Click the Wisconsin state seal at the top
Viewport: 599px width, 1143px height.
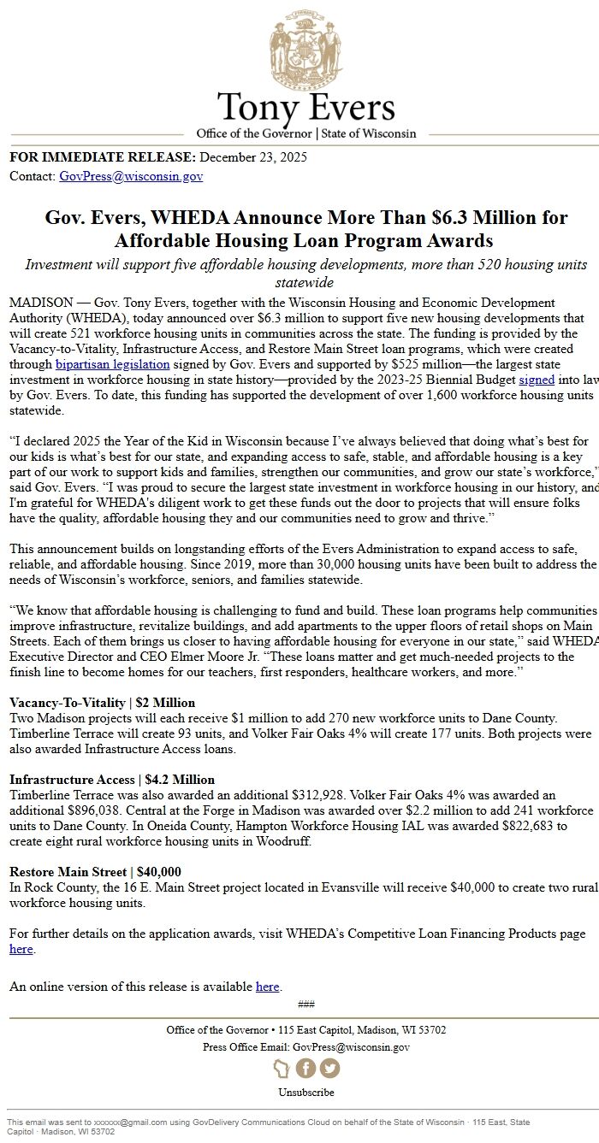coord(305,47)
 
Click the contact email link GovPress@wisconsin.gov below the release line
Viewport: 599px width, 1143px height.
coord(131,176)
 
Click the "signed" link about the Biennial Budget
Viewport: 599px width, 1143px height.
coord(537,380)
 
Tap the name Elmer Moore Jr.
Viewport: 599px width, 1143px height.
coord(222,657)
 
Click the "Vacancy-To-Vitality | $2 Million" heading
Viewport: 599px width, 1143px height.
coord(102,703)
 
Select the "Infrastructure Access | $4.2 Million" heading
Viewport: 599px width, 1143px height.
coord(112,780)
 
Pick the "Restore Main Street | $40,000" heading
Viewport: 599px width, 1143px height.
coord(95,872)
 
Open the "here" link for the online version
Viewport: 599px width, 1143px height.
coord(267,987)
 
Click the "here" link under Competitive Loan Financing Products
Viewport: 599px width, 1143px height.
coord(21,949)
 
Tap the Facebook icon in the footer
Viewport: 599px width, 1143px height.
coord(305,1068)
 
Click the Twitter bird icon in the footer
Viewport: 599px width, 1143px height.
coord(329,1068)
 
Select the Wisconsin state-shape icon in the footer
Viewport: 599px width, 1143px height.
coord(282,1068)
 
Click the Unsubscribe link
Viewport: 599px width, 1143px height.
coord(305,1092)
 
